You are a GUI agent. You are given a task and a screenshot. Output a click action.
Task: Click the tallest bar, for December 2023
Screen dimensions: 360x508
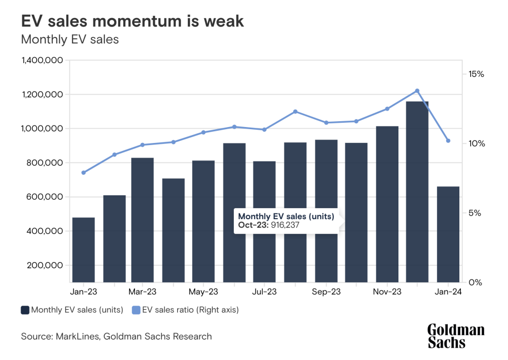(x=417, y=191)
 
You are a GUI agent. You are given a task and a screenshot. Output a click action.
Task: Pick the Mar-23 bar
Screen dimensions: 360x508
(x=142, y=220)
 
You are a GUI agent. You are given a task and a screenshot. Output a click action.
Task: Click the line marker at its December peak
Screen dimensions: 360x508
(x=417, y=91)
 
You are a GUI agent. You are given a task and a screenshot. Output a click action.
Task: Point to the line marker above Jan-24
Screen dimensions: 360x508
(x=448, y=141)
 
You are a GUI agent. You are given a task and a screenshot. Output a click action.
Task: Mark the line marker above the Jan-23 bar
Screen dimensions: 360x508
(x=84, y=173)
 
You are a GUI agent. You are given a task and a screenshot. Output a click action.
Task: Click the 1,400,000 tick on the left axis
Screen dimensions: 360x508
(x=42, y=61)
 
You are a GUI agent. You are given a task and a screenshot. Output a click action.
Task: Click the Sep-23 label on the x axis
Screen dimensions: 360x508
(x=326, y=292)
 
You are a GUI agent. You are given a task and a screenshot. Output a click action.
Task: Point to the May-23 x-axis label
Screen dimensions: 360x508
(x=203, y=292)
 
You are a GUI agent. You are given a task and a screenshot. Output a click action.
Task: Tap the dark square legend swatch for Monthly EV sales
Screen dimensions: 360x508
(x=25, y=310)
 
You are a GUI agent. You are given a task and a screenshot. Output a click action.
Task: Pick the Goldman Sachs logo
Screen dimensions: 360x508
(x=456, y=336)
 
